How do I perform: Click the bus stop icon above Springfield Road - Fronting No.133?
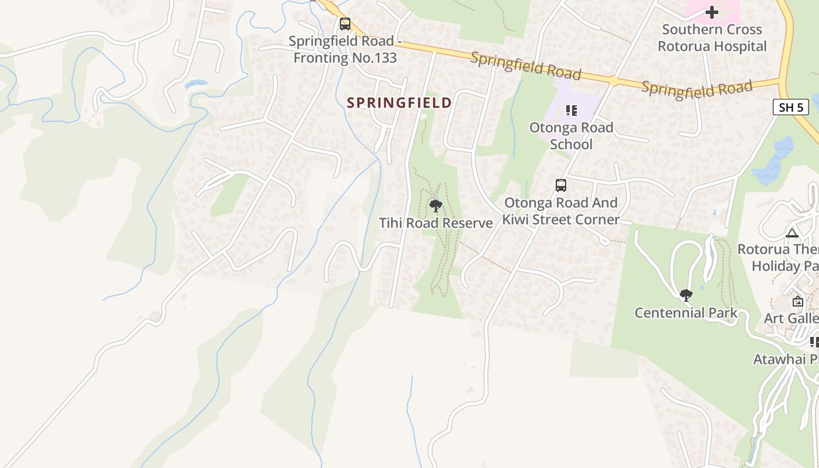[x=345, y=24]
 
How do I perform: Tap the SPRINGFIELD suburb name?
[x=399, y=103]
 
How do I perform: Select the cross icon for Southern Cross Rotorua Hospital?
[x=711, y=12]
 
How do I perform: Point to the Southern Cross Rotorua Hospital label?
[x=712, y=38]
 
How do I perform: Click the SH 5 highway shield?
[x=790, y=107]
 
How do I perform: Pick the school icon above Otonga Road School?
[x=571, y=110]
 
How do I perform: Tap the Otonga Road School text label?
[x=571, y=136]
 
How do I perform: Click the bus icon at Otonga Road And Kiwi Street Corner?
[x=560, y=185]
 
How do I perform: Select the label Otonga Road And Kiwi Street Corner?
[x=560, y=211]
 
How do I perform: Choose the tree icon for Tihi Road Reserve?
[x=435, y=205]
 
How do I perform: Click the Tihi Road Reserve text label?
[x=436, y=223]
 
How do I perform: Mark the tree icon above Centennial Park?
[x=686, y=295]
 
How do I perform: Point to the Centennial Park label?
[x=686, y=313]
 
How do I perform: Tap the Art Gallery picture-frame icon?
[x=797, y=301]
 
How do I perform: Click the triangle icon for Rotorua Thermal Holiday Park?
[x=792, y=233]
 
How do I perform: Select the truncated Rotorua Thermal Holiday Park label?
[x=778, y=257]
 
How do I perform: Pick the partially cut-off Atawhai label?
[x=786, y=359]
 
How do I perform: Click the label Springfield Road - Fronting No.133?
[x=345, y=50]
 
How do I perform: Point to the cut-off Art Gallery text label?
[x=791, y=318]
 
